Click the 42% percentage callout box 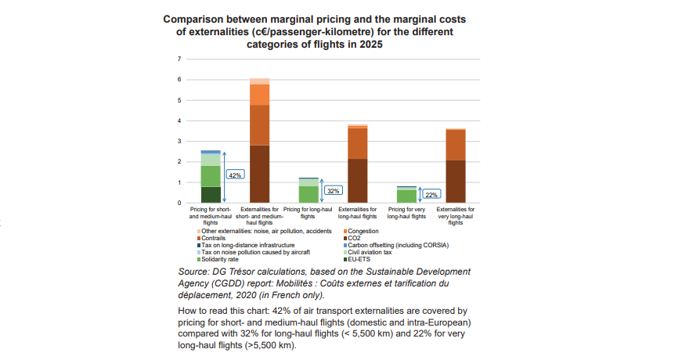[x=234, y=175]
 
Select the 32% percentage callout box [x=333, y=190]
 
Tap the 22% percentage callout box [x=431, y=194]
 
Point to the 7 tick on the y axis [x=179, y=59]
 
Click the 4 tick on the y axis [x=179, y=121]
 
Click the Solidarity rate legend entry [x=222, y=259]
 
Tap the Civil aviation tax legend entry [x=369, y=252]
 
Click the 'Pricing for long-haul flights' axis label [x=308, y=213]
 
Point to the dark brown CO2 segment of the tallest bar [x=259, y=174]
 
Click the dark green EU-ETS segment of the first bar [x=211, y=195]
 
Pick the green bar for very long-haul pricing [x=406, y=196]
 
